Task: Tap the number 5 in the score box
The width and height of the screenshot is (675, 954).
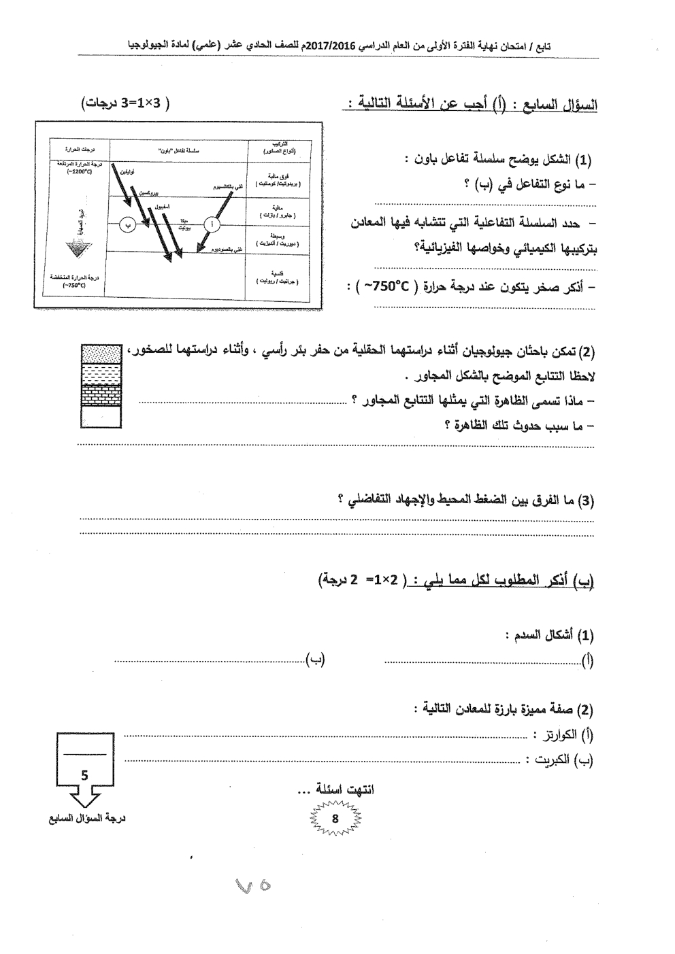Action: click(x=84, y=774)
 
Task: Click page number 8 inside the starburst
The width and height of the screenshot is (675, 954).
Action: click(x=335, y=819)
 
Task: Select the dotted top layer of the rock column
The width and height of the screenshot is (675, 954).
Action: click(x=101, y=354)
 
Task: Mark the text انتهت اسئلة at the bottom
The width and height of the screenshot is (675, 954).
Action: click(x=350, y=789)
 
